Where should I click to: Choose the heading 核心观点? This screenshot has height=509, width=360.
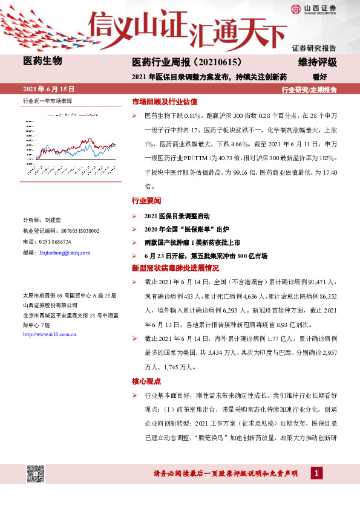[x=146, y=381]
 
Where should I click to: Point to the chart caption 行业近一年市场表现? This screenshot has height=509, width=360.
[x=47, y=100]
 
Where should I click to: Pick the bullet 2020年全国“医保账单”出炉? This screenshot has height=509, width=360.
[x=188, y=229]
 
